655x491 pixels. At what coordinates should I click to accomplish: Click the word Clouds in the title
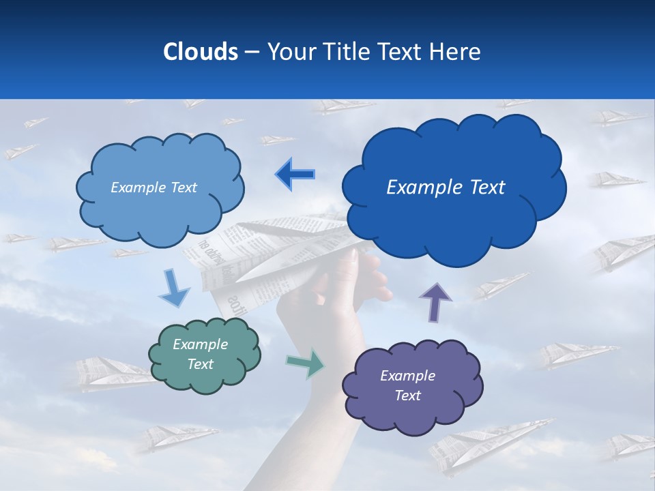[201, 52]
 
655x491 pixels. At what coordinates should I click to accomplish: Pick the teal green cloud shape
[205, 355]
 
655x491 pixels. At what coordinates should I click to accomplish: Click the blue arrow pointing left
[295, 174]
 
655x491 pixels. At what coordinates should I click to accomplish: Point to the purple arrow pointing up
[435, 301]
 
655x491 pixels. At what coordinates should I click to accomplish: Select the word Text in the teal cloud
[201, 364]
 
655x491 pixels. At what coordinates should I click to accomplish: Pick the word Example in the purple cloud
[407, 376]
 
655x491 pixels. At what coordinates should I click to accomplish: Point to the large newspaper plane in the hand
[273, 252]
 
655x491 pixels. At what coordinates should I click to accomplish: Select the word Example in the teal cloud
[201, 344]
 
